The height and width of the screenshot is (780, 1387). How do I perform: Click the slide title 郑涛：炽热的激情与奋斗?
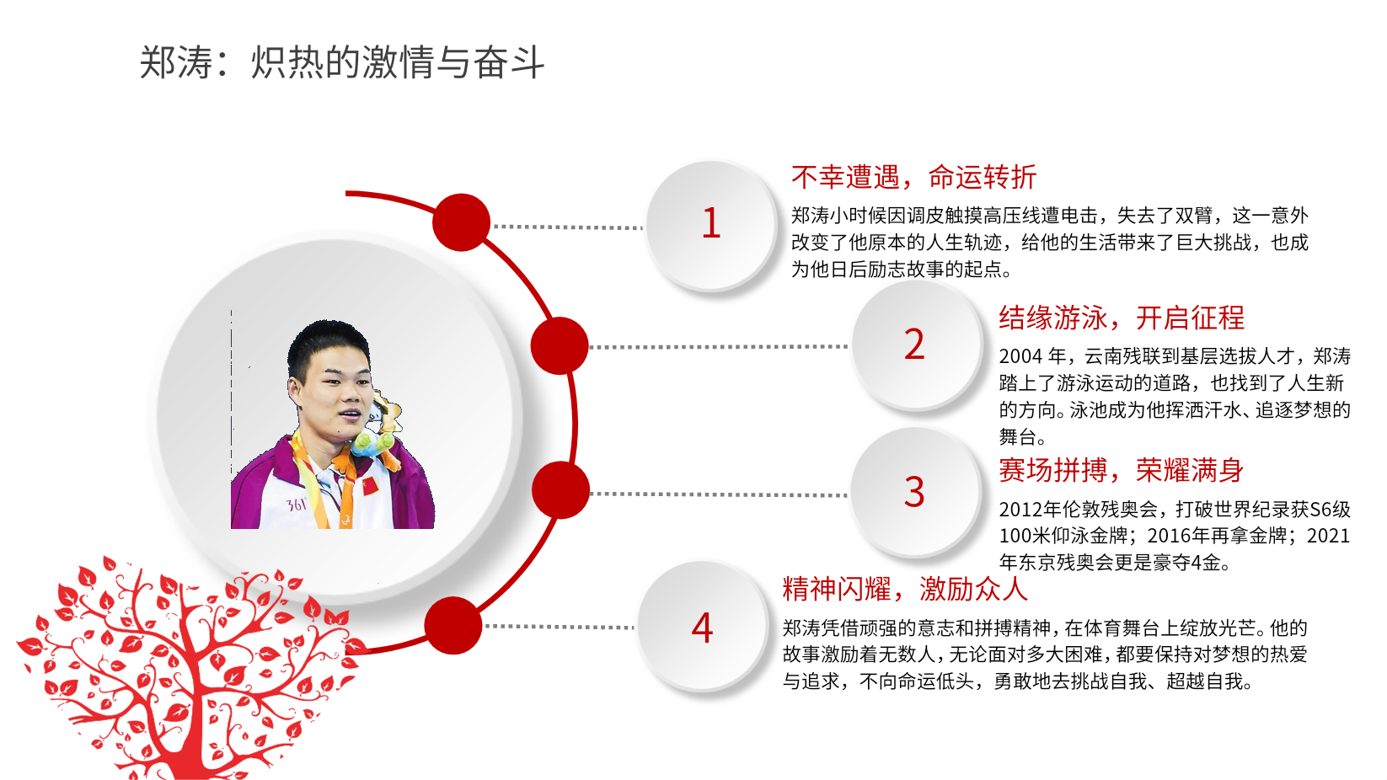click(342, 62)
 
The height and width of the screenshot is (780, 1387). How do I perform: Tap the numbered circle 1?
click(711, 224)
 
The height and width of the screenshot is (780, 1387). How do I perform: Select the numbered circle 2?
click(915, 345)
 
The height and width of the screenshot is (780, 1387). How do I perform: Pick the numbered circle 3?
click(915, 492)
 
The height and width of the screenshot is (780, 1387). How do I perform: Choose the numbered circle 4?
click(702, 628)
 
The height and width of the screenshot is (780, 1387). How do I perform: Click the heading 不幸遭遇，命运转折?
click(913, 177)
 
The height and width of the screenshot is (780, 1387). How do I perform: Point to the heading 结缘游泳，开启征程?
click(1121, 318)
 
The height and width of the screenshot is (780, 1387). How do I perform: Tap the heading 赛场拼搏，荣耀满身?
click(1121, 470)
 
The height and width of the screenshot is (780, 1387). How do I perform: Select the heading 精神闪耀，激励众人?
click(905, 589)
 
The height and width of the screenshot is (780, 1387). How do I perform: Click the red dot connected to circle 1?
click(461, 222)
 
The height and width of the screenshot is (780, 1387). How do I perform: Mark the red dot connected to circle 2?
click(560, 346)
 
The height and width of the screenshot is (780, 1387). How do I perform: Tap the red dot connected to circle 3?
click(560, 490)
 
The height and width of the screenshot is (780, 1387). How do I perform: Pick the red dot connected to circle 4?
click(453, 626)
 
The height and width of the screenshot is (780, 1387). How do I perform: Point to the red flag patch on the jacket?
click(370, 487)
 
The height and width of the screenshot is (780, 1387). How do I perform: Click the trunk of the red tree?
click(190, 741)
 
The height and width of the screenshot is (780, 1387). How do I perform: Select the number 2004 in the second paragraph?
click(1020, 356)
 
